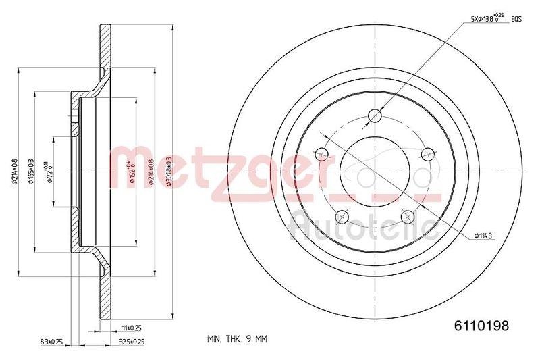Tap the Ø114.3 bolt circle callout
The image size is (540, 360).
[x=485, y=234]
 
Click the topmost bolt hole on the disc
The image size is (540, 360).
[x=374, y=116]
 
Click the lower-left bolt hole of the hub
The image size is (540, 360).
[x=342, y=215]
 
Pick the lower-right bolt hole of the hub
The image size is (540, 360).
[x=406, y=215]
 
